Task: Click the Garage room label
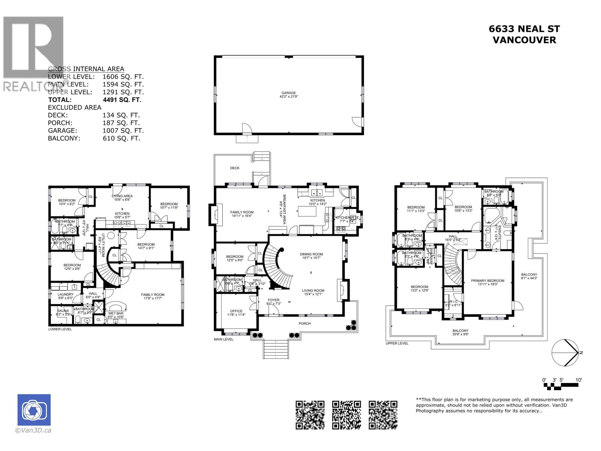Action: [289, 93]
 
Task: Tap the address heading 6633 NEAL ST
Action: [524, 29]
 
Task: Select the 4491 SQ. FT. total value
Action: [122, 100]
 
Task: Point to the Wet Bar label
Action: [115, 313]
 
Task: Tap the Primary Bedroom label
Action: [488, 281]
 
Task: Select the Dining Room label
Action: [311, 254]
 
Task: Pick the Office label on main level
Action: [236, 311]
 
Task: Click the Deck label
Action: [235, 168]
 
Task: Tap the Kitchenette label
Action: [347, 218]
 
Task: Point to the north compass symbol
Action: [565, 353]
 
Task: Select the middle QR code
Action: [346, 415]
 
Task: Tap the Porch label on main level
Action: [305, 323]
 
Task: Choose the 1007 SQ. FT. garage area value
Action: [123, 131]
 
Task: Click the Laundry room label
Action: [66, 294]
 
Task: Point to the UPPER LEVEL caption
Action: [397, 344]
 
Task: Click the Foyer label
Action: [273, 300]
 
